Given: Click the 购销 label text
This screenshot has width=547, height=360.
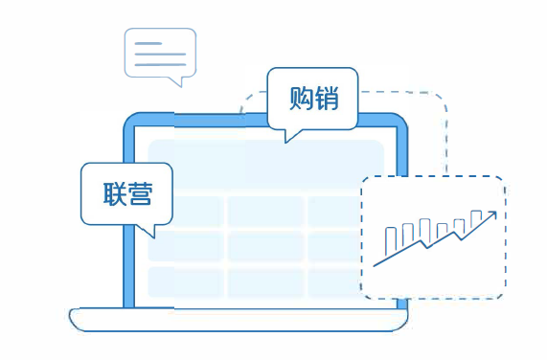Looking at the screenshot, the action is [313, 98].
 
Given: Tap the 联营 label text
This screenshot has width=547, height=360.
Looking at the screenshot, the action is [126, 191].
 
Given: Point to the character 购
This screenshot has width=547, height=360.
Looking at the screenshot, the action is [301, 98].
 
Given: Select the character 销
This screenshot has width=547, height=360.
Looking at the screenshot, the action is [326, 98].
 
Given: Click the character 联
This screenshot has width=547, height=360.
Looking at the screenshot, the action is [114, 191].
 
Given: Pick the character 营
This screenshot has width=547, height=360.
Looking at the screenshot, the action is [140, 191].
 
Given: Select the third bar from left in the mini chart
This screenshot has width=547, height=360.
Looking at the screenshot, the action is [424, 231].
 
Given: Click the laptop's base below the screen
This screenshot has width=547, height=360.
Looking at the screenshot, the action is [239, 319].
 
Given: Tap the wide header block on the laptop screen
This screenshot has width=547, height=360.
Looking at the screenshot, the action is [265, 165].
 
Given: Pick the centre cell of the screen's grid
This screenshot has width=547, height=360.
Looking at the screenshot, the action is [265, 244].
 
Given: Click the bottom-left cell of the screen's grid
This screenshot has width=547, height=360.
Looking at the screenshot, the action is [185, 281].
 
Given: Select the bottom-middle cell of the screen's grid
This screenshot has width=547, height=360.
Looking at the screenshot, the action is [265, 281].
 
